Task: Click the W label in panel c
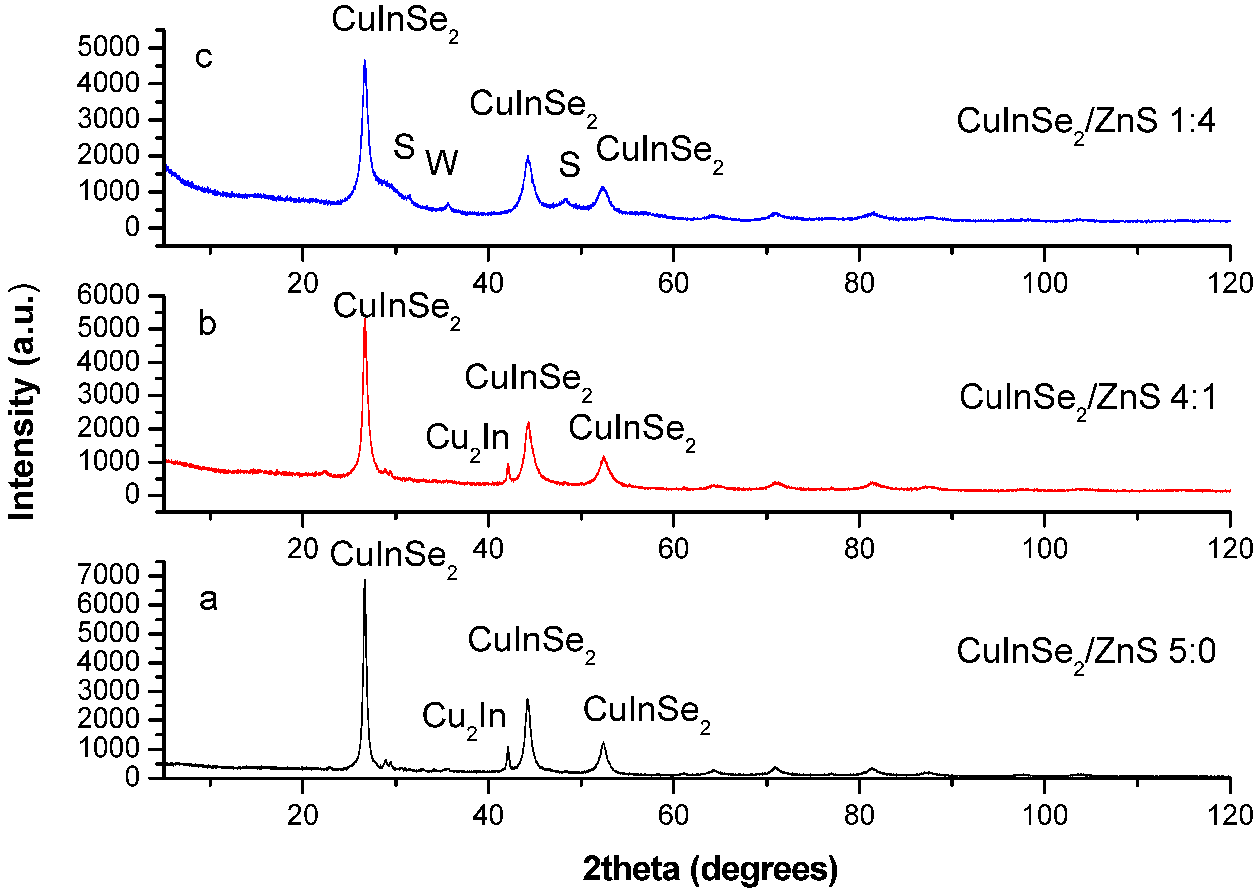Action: [x=442, y=163]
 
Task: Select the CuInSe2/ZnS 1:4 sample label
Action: [x=1086, y=122]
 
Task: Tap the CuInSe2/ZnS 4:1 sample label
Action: [x=1088, y=398]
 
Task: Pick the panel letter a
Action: [x=208, y=599]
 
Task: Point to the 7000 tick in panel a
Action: [x=109, y=575]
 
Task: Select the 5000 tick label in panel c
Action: [x=109, y=47]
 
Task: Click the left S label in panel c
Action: [x=404, y=147]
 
